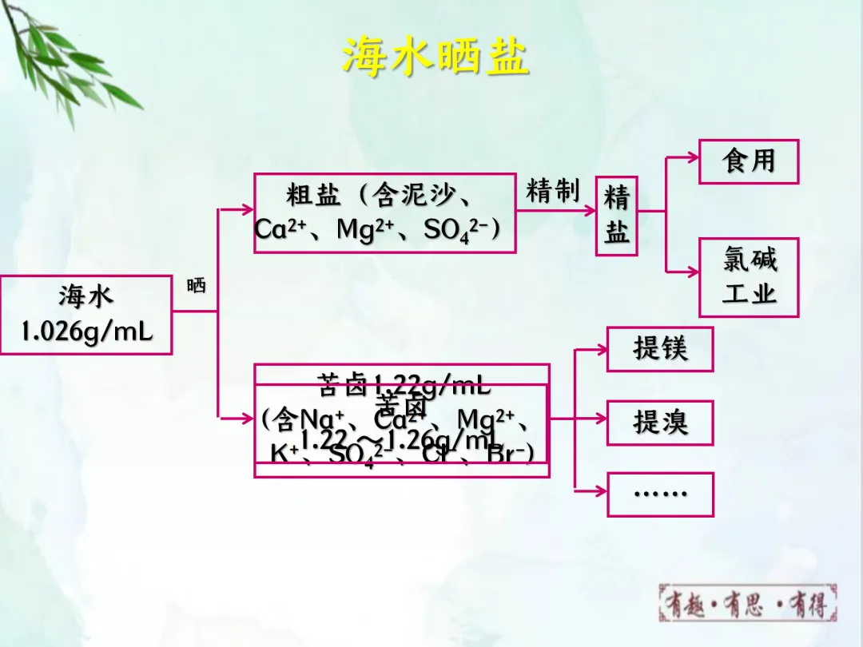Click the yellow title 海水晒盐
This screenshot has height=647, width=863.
point(435,56)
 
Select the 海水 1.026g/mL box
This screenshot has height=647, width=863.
point(86,315)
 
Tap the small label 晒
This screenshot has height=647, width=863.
point(196,286)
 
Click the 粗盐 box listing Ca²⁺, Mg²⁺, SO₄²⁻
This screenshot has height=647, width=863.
point(384,213)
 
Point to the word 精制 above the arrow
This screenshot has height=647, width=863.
point(552,192)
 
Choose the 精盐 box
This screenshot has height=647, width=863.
point(616,216)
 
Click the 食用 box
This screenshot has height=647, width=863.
point(749,161)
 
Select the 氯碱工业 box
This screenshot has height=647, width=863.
point(749,277)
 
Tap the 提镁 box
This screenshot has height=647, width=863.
point(659,349)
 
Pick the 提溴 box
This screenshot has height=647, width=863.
point(659,423)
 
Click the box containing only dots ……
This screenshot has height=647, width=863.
point(659,494)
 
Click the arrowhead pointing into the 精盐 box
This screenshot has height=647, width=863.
point(590,211)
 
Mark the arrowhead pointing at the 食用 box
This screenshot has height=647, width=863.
point(694,159)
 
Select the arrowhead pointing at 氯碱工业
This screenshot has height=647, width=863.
point(694,272)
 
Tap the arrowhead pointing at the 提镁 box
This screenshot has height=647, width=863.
point(601,349)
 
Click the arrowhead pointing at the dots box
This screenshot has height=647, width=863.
point(601,488)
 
